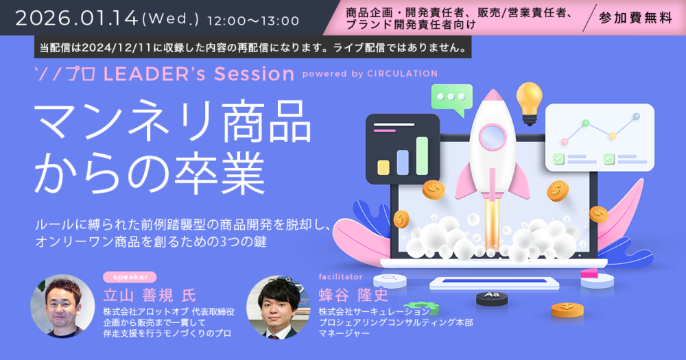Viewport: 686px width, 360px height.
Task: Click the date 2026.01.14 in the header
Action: pos(77,19)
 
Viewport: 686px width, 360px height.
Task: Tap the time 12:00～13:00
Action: pos(253,21)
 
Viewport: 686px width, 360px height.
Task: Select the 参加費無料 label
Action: pos(635,18)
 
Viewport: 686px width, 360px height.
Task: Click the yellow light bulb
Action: pos(530,104)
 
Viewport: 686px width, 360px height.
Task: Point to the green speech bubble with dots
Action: pos(452,99)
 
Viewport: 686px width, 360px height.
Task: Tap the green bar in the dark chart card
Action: pos(422,156)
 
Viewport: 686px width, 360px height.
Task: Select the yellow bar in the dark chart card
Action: pos(383,167)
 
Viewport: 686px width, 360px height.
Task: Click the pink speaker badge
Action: pos(130,277)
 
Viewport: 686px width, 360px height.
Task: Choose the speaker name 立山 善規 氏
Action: pos(150,296)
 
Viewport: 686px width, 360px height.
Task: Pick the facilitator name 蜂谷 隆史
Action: pos(353,296)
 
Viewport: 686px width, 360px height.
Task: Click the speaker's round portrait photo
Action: pos(62,307)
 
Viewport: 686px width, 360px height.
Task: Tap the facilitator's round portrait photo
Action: pos(279,307)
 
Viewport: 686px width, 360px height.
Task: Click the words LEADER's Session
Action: pos(199,74)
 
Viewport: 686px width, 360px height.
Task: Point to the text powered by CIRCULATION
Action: pos(370,73)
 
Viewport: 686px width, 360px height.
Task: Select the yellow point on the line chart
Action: pos(613,136)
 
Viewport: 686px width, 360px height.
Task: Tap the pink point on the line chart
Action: pos(565,141)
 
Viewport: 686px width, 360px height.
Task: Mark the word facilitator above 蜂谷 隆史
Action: pos(340,277)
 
